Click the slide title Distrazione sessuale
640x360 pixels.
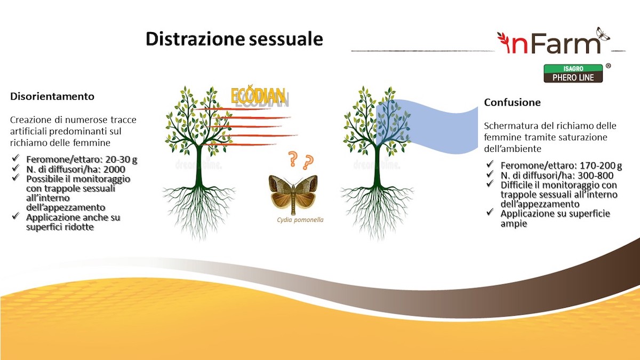pos(234,39)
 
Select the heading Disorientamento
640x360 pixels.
pos(52,97)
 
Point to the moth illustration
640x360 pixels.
pos(293,191)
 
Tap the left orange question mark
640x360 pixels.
pos(292,158)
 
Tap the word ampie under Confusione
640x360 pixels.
pos(514,223)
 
